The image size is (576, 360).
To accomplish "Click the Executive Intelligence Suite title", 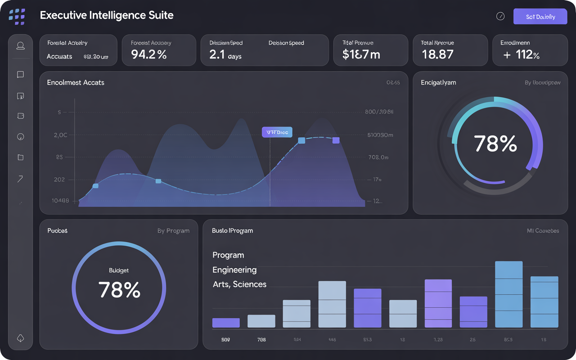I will pyautogui.click(x=107, y=15).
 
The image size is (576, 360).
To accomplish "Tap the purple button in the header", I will pyautogui.click(x=540, y=17).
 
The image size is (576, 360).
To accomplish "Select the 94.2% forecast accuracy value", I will pyautogui.click(x=149, y=55).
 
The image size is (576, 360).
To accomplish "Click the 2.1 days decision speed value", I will pyautogui.click(x=225, y=55).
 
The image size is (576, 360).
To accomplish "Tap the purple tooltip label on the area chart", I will pyautogui.click(x=277, y=132).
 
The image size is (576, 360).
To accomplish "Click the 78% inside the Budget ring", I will pyautogui.click(x=119, y=290).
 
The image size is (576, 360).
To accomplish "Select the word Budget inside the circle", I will pyautogui.click(x=119, y=270).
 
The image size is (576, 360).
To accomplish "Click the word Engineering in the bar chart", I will pyautogui.click(x=234, y=270).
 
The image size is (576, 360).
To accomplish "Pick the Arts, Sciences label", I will pyautogui.click(x=239, y=284).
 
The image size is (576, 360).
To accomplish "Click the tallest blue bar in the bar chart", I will pyautogui.click(x=508, y=294).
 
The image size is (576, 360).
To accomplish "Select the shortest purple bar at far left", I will pyautogui.click(x=226, y=323).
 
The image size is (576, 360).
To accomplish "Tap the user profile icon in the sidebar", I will pyautogui.click(x=20, y=46).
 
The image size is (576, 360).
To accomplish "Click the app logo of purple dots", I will pyautogui.click(x=17, y=17).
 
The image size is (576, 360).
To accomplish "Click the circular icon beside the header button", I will pyautogui.click(x=500, y=17).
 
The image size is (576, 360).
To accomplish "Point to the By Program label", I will pyautogui.click(x=173, y=231).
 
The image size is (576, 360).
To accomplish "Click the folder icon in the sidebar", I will pyautogui.click(x=20, y=157).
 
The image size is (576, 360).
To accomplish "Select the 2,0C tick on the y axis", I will pyautogui.click(x=60, y=135).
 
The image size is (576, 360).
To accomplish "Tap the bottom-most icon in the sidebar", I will pyautogui.click(x=20, y=338).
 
